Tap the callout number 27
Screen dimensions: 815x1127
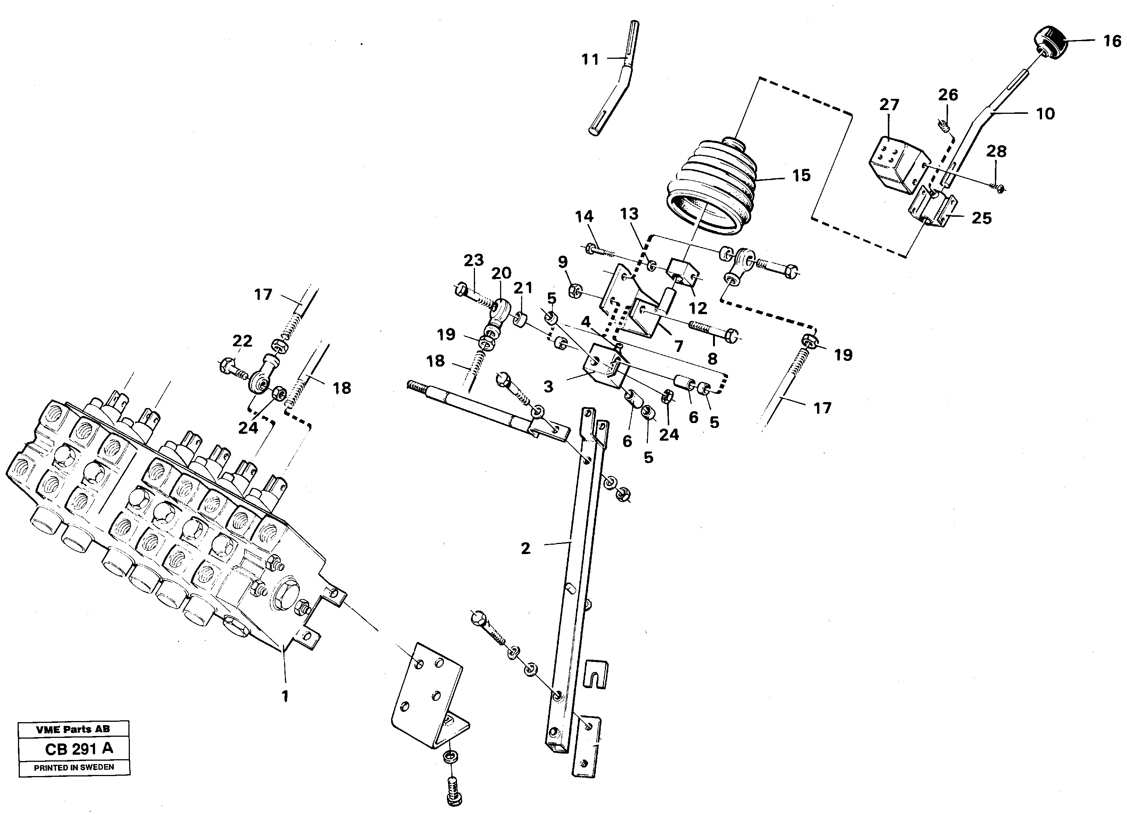889,105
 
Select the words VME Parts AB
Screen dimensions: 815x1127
73,729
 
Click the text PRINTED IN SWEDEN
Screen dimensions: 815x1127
74,767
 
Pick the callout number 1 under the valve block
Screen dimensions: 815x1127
285,696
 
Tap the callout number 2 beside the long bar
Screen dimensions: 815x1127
525,548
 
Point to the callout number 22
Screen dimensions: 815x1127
242,341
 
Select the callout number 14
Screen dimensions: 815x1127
584,217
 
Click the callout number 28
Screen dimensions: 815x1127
996,151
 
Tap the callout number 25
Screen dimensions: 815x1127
981,218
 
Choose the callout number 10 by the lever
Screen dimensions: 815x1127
1045,114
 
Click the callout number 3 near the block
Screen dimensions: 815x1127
548,387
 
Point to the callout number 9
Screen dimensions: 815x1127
563,262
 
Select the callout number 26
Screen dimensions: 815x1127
948,94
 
